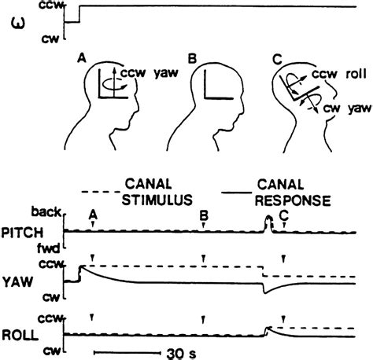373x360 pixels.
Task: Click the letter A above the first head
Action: (82, 59)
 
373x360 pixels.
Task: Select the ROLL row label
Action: (23, 334)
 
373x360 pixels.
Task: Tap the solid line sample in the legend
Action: (240, 191)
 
